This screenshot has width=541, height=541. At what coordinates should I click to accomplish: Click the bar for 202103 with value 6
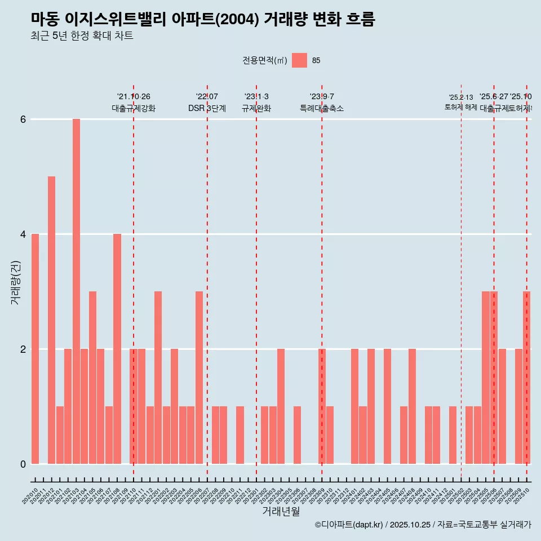click(x=76, y=291)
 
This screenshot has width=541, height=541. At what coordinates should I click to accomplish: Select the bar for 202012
click(x=51, y=320)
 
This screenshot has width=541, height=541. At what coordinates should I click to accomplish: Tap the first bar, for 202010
click(x=35, y=349)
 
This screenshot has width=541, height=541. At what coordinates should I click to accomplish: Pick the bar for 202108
click(x=117, y=349)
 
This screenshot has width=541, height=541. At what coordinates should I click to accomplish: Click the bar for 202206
click(x=199, y=378)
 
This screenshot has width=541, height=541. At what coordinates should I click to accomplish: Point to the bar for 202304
click(x=281, y=406)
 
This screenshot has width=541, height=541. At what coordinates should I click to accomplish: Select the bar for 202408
click(x=412, y=406)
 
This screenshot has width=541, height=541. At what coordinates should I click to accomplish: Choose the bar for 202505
click(x=485, y=378)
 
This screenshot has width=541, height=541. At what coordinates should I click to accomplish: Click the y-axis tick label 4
click(x=23, y=234)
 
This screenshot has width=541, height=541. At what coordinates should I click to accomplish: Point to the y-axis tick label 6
click(x=23, y=119)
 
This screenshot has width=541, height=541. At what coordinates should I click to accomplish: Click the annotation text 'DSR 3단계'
click(x=207, y=108)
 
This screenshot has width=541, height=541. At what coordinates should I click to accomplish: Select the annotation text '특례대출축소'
click(x=322, y=108)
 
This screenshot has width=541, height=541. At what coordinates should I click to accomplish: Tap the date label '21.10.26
click(x=134, y=97)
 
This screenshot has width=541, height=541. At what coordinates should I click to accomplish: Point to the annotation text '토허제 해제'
click(x=461, y=107)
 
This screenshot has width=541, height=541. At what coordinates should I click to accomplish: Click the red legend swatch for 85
click(x=299, y=60)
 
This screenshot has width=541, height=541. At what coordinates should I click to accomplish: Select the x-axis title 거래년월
click(x=281, y=511)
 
